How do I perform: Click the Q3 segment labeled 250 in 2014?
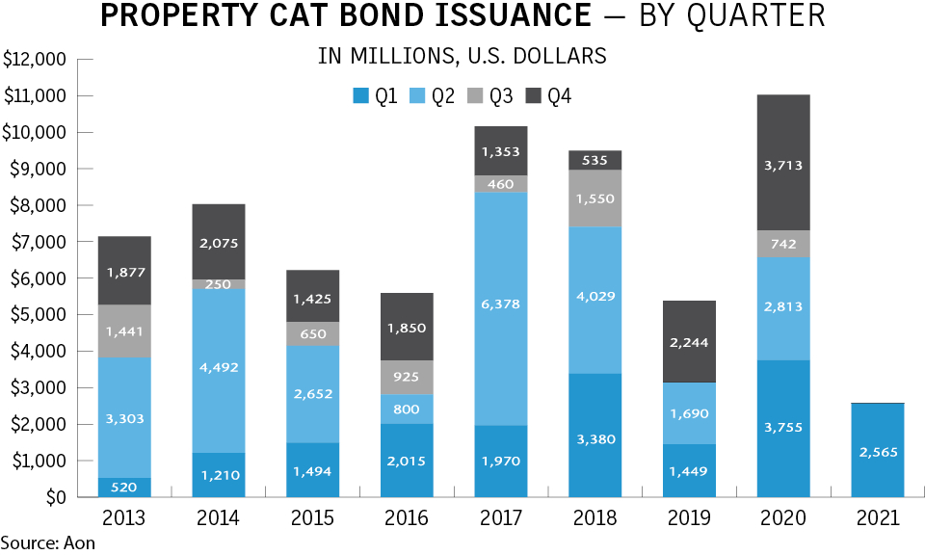pyautogui.click(x=219, y=284)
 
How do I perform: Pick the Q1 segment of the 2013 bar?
pyautogui.click(x=124, y=488)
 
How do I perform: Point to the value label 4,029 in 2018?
pyautogui.click(x=594, y=296)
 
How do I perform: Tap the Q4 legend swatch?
pyautogui.click(x=533, y=95)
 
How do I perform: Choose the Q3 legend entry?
pyautogui.click(x=488, y=95)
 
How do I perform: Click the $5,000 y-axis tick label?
pyautogui.click(x=37, y=314)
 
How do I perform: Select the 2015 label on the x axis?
pyautogui.click(x=312, y=518)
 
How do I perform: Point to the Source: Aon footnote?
pyautogui.click(x=48, y=543)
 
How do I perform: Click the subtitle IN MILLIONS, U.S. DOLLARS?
pyautogui.click(x=462, y=56)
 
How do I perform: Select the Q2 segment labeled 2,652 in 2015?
pyautogui.click(x=312, y=395)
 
